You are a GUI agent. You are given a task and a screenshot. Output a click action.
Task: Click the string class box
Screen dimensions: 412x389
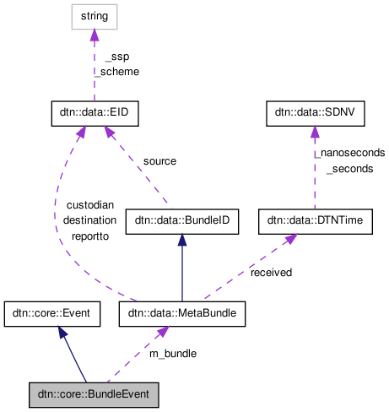coord(94,15)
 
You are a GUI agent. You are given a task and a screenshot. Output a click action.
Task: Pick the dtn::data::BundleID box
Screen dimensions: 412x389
coord(181,221)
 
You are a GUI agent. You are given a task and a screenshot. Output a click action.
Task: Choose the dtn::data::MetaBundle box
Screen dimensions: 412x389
coord(181,314)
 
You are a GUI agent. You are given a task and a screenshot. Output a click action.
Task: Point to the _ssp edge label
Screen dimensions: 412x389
coord(116,57)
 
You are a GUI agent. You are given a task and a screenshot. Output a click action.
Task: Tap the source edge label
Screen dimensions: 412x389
coord(159,160)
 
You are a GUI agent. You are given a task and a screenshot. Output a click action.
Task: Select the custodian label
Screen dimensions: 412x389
coord(89,206)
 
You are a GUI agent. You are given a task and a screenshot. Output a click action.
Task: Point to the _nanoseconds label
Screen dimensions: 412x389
coord(350,153)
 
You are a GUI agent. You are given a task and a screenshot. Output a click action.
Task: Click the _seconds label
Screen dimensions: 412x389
coord(348,168)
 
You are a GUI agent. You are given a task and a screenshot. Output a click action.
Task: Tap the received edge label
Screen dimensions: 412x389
coord(271,273)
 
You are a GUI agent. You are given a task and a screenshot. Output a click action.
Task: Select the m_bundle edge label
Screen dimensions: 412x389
coord(173,353)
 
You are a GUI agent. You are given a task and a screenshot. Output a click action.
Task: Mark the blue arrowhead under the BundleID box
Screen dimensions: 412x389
coord(181,240)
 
